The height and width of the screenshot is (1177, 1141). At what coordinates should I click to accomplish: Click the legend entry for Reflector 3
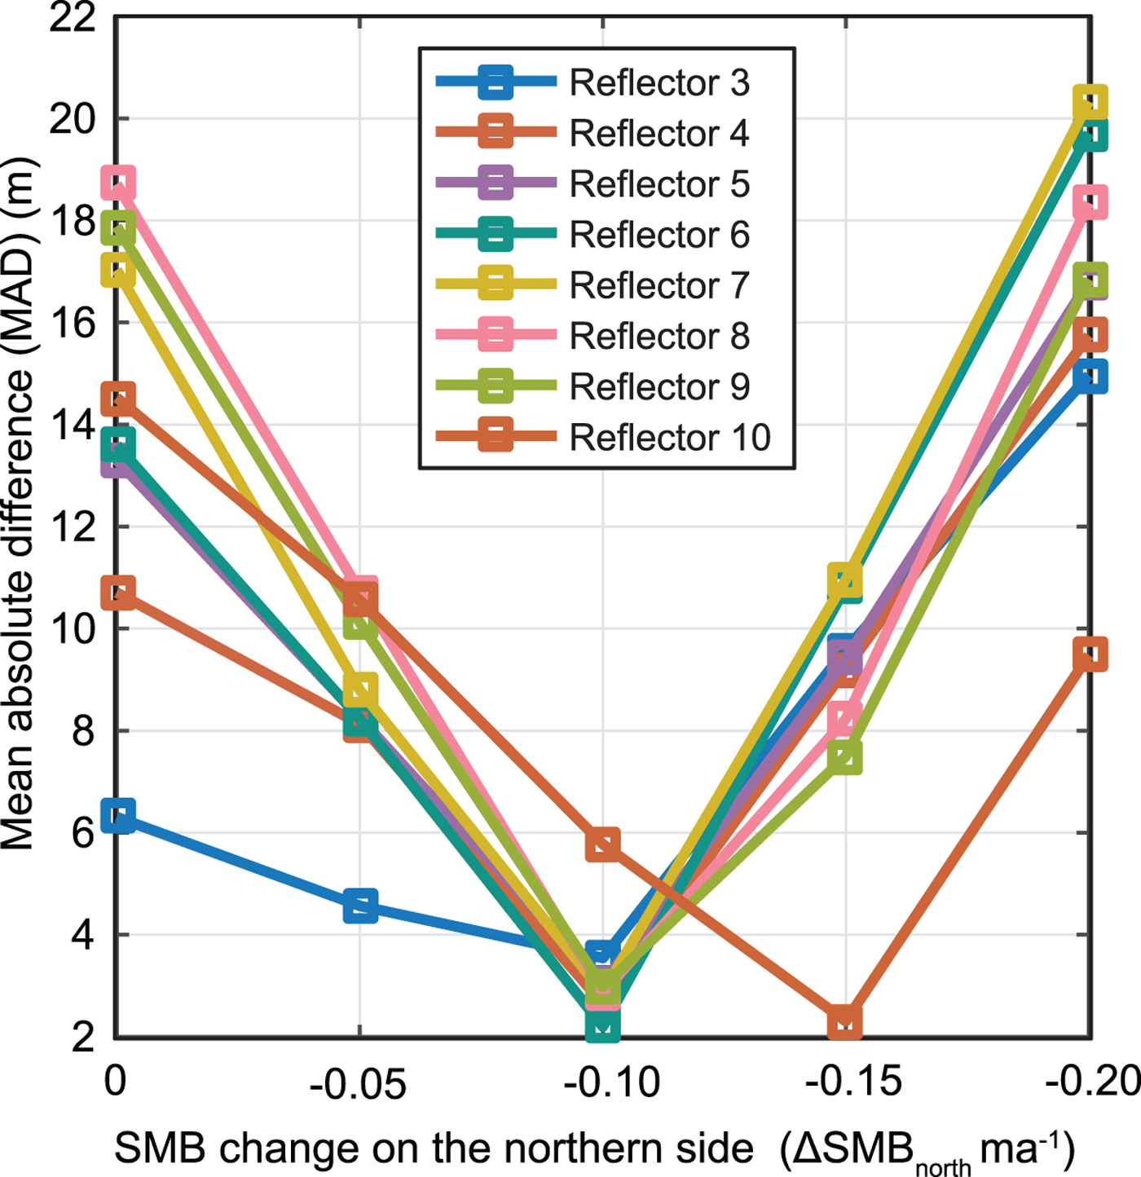pos(659,82)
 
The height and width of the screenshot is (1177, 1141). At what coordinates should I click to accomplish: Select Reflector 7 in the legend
pos(659,285)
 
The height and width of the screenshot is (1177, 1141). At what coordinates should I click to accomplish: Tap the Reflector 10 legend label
pos(669,438)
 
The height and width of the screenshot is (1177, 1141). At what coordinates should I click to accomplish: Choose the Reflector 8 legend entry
pos(659,336)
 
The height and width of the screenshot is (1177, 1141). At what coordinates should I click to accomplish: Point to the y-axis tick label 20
pos(72,119)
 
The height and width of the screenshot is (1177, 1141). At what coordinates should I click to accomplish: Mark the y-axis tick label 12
pos(72,527)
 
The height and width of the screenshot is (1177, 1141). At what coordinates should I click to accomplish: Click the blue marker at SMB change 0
pos(119,815)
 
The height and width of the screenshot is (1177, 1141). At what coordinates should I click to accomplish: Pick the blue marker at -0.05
pos(360,906)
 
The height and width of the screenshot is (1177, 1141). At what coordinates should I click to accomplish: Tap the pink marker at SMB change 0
pos(119,183)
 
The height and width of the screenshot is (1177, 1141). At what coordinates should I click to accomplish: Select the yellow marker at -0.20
pos(1090,103)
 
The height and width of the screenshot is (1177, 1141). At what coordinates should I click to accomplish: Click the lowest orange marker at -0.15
pos(845,1022)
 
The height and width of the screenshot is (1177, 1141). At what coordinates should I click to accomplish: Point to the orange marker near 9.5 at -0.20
pos(1090,655)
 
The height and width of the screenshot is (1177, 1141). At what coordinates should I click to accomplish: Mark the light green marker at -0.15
pos(845,756)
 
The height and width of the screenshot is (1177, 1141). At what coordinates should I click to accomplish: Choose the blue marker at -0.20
pos(1090,377)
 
